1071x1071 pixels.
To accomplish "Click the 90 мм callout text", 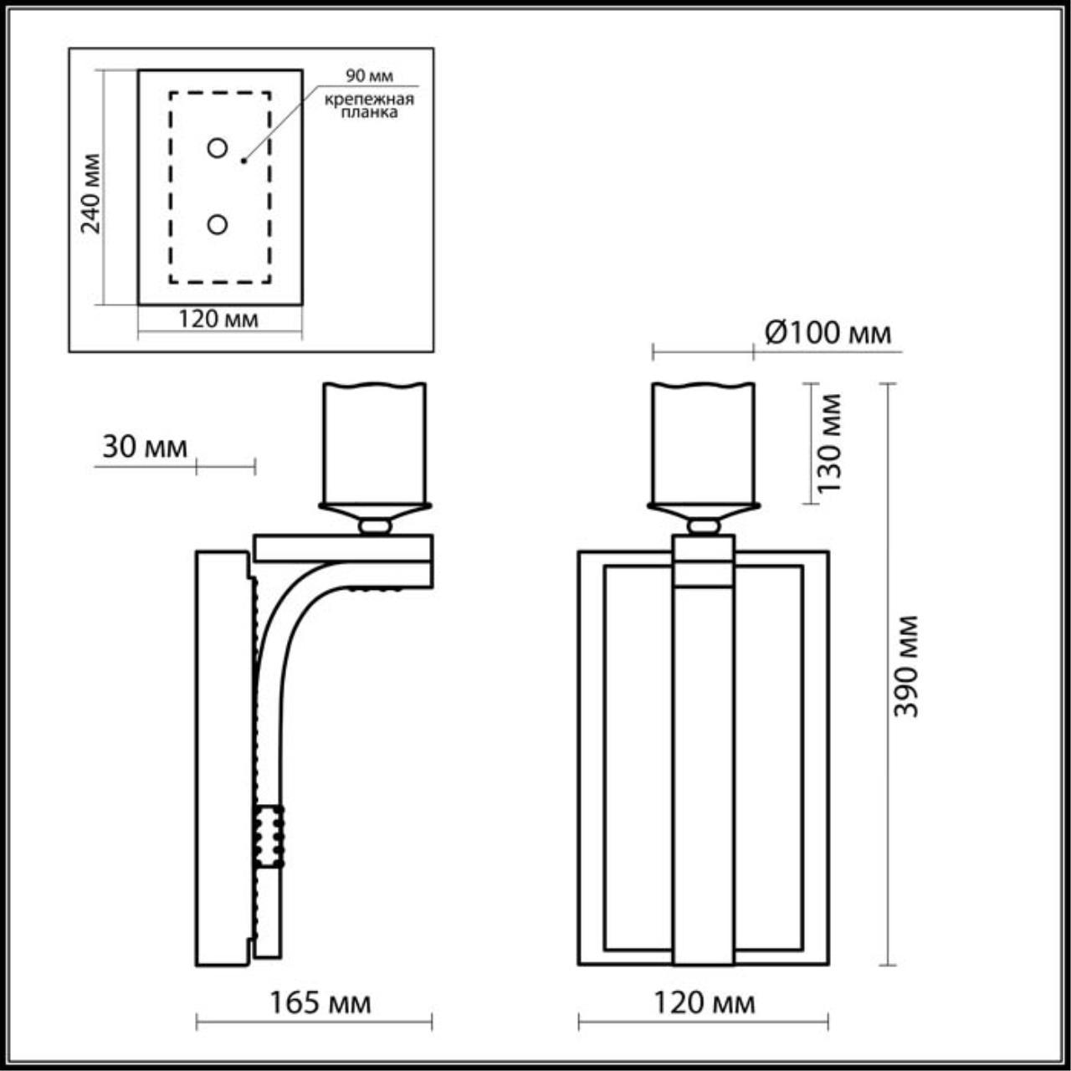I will [x=369, y=76].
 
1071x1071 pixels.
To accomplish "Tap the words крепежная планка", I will [x=370, y=106].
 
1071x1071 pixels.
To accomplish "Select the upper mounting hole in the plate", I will [x=218, y=148].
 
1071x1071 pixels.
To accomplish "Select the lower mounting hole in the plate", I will [x=218, y=224].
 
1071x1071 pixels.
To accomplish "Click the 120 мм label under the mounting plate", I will [x=218, y=319].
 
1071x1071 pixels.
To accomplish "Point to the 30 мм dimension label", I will [x=145, y=448].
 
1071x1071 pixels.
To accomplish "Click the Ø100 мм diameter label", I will [x=828, y=333].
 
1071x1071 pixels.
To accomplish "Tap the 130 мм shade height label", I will [x=830, y=443].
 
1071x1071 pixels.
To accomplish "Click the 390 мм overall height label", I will [x=906, y=666].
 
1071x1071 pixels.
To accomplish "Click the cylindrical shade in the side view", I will [x=375, y=443].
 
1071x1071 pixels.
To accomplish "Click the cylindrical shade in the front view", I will [x=704, y=443].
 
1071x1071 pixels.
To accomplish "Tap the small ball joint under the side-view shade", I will [x=375, y=526].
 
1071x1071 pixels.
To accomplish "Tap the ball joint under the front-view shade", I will [x=704, y=526].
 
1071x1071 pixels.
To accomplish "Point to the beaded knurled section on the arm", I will [x=269, y=836].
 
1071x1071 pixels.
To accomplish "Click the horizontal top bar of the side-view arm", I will [x=343, y=547].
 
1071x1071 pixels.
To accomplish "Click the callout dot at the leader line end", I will [x=243, y=160].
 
